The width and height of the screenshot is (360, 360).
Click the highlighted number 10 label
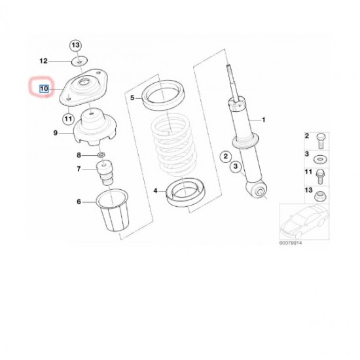click(45, 88)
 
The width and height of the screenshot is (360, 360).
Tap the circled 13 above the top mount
click(75, 45)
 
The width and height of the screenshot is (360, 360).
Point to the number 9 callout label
click(56, 132)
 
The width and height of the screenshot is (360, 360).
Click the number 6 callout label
click(79, 202)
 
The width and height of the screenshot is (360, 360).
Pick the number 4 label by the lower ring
click(156, 190)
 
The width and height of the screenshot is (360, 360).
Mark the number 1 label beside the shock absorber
click(264, 120)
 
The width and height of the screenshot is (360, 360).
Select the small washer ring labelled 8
click(101, 156)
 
